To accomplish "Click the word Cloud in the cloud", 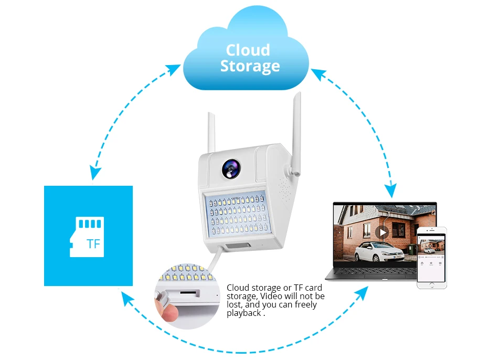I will (248, 50).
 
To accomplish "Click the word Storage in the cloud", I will (250, 67).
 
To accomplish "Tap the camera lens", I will (230, 167).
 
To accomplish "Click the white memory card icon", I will (87, 237).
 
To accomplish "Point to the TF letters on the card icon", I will (93, 244).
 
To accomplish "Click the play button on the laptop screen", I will (381, 231).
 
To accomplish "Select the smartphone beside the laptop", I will (431, 258).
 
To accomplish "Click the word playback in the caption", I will (244, 313).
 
